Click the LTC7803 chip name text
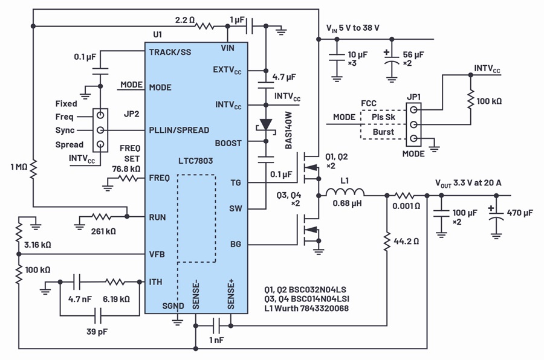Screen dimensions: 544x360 [x=195, y=161]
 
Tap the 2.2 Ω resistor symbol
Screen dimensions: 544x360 [x=205, y=26]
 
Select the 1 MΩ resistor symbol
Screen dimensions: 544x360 [x=33, y=169]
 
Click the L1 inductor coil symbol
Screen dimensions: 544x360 [x=345, y=192]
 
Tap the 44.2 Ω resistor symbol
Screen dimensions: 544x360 [x=387, y=242]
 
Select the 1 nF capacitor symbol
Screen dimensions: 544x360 [x=217, y=326]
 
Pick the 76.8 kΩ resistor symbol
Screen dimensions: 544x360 [x=128, y=179]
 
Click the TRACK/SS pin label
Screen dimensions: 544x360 [x=170, y=53]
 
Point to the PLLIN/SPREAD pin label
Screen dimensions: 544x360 [x=179, y=130]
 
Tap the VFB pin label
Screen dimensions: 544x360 [x=157, y=254]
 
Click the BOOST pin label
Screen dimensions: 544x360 [x=228, y=143]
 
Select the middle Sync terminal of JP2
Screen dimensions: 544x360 [x=100, y=130]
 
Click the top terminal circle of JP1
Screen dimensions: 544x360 [x=413, y=110]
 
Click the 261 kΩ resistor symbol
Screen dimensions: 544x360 [x=102, y=217]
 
